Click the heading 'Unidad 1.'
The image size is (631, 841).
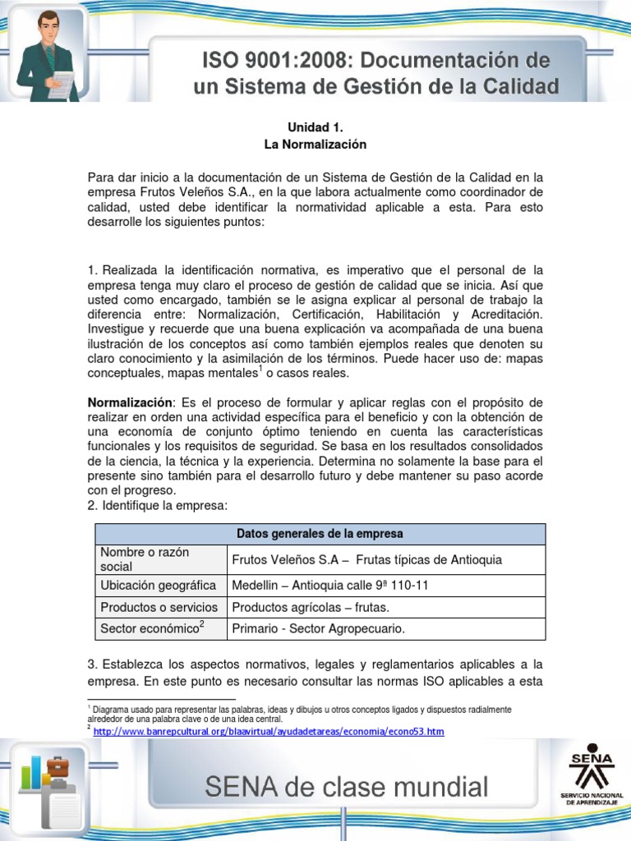tap(315, 127)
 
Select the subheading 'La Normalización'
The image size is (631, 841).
tap(315, 145)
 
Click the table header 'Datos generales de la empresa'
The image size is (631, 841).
tap(320, 534)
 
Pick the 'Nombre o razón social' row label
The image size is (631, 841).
tap(145, 559)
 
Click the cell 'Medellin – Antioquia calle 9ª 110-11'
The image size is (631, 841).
tap(329, 586)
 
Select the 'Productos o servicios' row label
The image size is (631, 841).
tap(159, 608)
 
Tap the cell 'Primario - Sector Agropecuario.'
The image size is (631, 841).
tap(319, 629)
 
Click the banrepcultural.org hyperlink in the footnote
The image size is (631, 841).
tap(269, 731)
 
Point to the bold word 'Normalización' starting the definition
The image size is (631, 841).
tap(131, 402)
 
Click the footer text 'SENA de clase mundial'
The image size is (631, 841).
tap(346, 788)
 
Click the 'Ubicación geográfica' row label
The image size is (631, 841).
tap(159, 586)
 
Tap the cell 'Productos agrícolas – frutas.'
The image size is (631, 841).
tap(311, 608)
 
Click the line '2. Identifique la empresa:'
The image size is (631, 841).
tap(156, 505)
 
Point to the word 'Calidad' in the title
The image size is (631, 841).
tap(514, 86)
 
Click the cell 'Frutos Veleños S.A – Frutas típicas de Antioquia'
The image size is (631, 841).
tap(367, 559)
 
